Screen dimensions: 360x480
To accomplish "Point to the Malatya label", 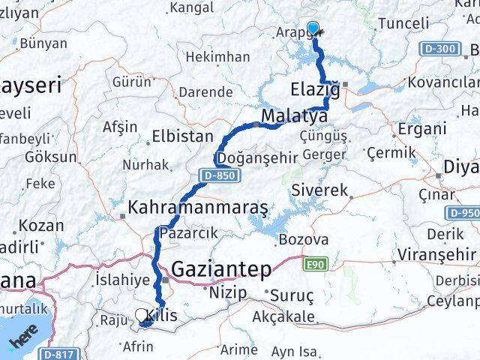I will pyautogui.click(x=295, y=117).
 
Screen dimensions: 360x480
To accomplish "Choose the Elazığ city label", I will pyautogui.click(x=314, y=91).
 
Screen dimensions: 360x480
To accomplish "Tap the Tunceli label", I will pyautogui.click(x=403, y=23).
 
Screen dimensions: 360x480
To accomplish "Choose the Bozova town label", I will pyautogui.click(x=303, y=240).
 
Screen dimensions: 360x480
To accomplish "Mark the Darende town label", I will pyautogui.click(x=205, y=91).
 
